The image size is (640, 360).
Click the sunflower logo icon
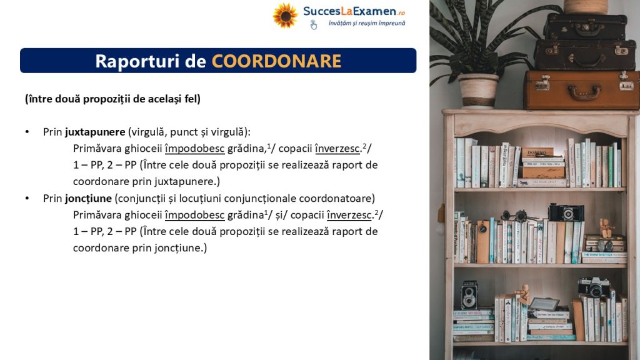[285, 16]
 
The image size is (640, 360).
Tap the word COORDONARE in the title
[276, 61]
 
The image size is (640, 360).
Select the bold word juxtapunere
[95, 132]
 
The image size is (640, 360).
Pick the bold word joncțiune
[88, 198]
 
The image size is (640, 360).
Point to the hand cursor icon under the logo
[313, 25]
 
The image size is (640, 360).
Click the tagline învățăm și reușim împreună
[367, 23]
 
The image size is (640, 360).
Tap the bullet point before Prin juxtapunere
[27, 132]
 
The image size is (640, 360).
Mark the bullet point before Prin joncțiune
[27, 198]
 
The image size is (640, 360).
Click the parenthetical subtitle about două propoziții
[112, 99]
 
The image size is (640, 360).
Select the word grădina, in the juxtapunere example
[246, 149]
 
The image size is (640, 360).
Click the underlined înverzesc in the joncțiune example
[349, 215]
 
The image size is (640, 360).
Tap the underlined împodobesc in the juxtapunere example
[195, 149]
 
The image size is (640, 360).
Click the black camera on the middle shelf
[566, 212]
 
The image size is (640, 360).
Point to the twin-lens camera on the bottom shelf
[469, 295]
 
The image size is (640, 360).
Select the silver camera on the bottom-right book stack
[594, 287]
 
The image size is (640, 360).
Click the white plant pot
[478, 91]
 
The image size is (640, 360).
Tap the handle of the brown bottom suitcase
[584, 94]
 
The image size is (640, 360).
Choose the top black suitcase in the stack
[585, 27]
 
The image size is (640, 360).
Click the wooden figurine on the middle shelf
[605, 227]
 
